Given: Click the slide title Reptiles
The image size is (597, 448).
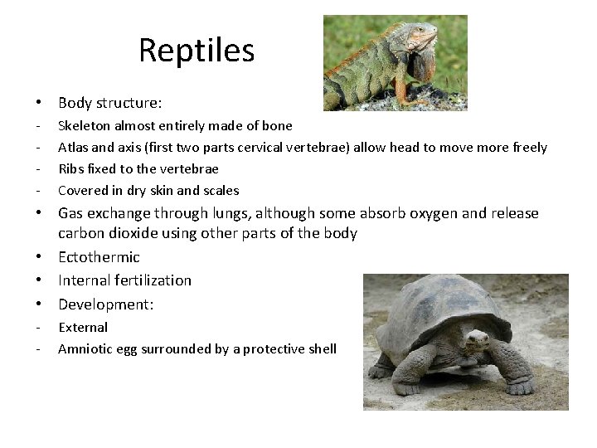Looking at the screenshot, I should pos(197,51).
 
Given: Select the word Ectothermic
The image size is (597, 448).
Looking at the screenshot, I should pos(99,257).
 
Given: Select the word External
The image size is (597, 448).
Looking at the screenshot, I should pos(83,328).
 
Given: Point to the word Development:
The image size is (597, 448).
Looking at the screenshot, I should pos(106,304).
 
